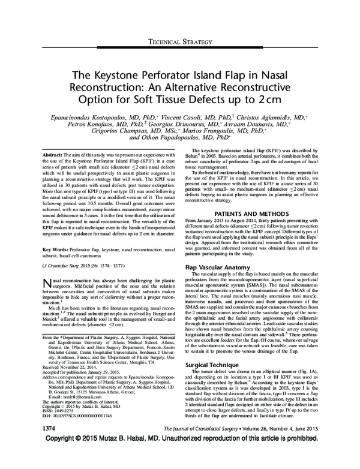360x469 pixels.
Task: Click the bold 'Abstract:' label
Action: pyautogui.click(x=57, y=155)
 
